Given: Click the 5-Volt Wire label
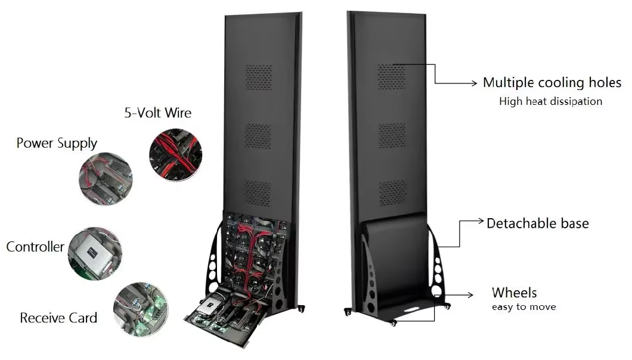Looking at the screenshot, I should (x=157, y=113).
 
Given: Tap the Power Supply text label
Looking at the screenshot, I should (x=57, y=143).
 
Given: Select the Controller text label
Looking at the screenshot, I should (x=35, y=247).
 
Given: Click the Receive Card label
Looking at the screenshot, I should (x=58, y=318).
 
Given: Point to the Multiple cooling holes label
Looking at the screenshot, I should (x=552, y=83).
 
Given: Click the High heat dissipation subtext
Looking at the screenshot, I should (x=550, y=101).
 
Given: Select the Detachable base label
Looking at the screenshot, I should (x=538, y=224).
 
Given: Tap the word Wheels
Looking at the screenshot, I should (x=514, y=293).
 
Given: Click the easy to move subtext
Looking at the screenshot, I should (x=523, y=307).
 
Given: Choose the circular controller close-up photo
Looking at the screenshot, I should (x=95, y=253).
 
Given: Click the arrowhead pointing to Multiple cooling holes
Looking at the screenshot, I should (x=475, y=83).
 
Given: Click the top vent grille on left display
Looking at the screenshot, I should (x=258, y=77).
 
